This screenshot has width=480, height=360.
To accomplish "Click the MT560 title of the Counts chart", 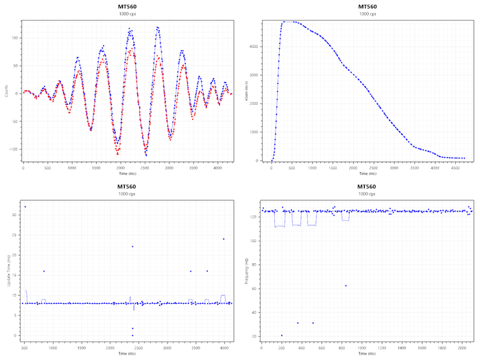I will [128, 6].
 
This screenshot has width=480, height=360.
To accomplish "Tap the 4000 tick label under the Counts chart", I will [217, 167].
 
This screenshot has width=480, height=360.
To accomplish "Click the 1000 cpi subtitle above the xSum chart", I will [368, 14].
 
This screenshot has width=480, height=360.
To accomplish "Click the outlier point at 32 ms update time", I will [25, 206].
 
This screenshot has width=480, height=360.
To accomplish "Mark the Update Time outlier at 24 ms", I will [224, 239].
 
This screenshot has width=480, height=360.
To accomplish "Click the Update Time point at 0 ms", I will [132, 335].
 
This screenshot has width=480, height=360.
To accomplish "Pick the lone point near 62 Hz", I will [346, 285].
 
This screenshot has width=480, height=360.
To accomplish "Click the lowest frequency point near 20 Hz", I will [282, 335].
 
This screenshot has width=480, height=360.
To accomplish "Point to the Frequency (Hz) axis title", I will [245, 271].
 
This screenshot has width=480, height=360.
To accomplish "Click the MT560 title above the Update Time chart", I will [128, 187].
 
